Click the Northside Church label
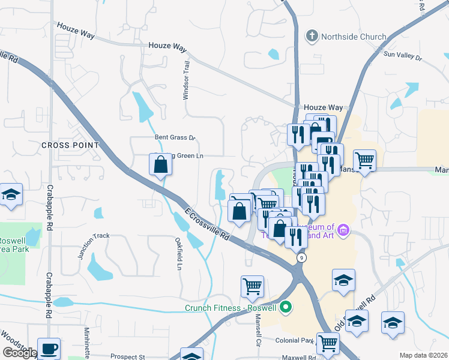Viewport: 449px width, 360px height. point(354,37)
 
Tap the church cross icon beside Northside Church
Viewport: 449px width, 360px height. point(312,37)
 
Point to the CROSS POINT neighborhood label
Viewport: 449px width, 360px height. point(70,145)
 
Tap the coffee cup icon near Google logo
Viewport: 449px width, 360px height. point(49,348)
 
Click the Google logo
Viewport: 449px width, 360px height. point(19,353)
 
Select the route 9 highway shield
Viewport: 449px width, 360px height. point(301,257)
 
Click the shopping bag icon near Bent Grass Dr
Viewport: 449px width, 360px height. point(161,164)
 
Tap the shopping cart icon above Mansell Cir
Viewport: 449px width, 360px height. point(252,285)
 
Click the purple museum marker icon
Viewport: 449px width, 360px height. point(343,230)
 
